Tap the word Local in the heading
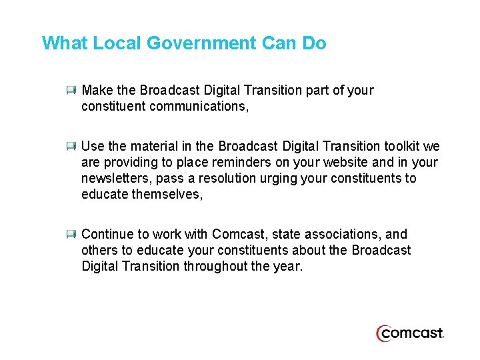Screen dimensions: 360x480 [x=117, y=44]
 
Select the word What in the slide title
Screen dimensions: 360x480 [x=65, y=44]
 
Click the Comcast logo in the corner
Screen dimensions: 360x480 [x=409, y=333]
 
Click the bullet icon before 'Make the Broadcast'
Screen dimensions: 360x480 [x=71, y=90]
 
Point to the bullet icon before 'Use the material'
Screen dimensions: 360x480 [x=71, y=146]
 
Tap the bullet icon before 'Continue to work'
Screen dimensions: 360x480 [x=71, y=234]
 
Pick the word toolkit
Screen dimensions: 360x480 [x=402, y=146]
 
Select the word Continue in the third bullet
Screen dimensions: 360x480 [x=107, y=234]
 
